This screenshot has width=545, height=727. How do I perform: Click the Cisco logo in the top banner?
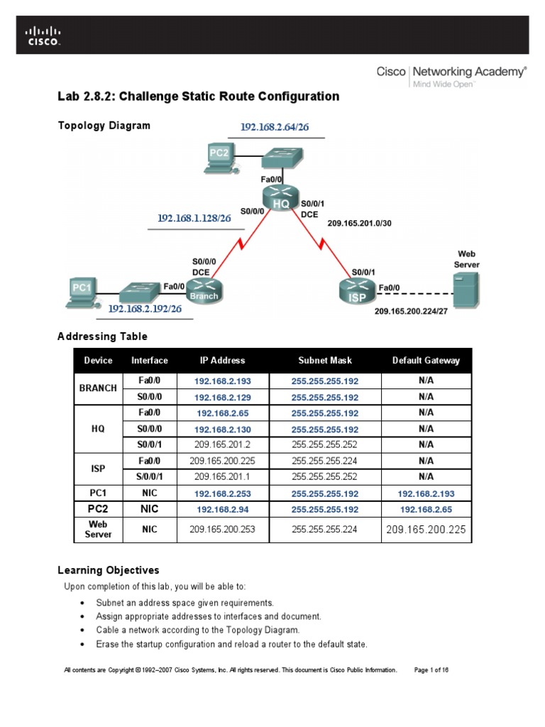[43, 35]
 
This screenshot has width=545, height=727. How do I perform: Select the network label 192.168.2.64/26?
[273, 127]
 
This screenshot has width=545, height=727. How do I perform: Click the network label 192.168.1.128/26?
[194, 219]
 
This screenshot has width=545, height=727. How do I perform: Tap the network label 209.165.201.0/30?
[359, 223]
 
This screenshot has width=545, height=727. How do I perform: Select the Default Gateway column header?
[426, 361]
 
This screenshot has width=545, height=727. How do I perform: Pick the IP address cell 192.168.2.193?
[222, 381]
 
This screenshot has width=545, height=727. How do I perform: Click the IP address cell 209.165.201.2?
[222, 444]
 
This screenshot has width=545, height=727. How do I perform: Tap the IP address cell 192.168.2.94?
[222, 509]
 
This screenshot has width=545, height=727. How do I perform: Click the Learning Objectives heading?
[108, 570]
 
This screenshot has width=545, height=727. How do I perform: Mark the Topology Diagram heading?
[104, 126]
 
